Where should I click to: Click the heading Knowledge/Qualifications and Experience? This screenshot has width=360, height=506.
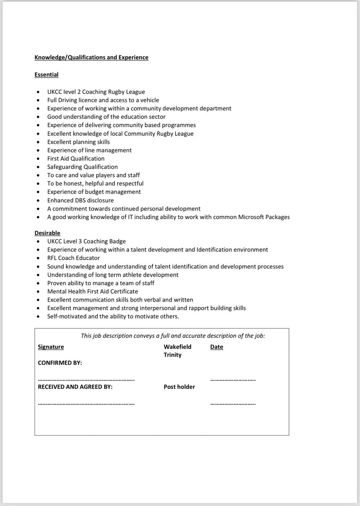coord(91,57)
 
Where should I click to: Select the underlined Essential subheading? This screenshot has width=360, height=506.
coord(46,75)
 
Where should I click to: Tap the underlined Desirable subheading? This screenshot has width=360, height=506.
coord(47,233)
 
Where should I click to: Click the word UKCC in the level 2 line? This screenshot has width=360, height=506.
coord(55,92)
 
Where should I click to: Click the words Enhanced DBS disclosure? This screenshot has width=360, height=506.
coord(80,200)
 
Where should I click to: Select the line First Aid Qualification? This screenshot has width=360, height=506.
coord(76,159)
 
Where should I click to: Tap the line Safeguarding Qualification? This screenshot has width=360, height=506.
coord(83,167)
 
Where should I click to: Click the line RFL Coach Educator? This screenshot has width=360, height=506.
coord(73,258)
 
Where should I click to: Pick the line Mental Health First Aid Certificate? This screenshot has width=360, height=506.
coord(92,291)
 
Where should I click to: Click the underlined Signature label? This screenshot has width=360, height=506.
coord(51,347)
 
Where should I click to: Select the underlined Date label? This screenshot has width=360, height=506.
coord(217,347)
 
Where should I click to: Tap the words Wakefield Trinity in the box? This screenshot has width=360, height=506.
coord(177,351)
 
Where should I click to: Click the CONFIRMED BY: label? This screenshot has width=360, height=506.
coord(60,363)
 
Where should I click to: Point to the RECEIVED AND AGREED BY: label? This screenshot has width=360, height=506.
coord(75,387)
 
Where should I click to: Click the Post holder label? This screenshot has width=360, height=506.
coord(179,387)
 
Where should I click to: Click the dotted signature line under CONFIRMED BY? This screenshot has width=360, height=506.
coord(86,379)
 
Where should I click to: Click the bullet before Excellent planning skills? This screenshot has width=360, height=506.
coord(39,142)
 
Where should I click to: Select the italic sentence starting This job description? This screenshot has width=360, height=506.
coord(173,336)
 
